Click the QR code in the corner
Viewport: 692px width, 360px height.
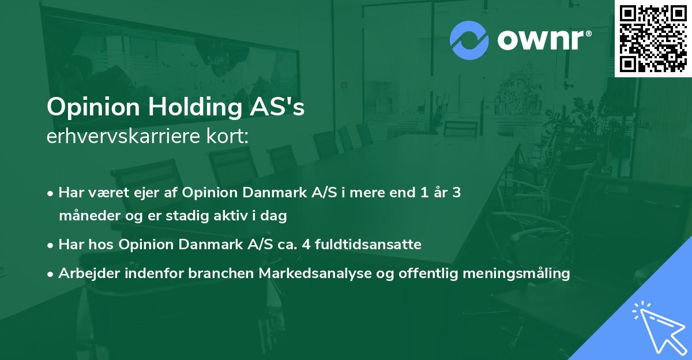pos(653,39)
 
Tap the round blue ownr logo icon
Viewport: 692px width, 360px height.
pos(469,40)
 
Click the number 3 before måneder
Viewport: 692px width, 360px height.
pos(456,193)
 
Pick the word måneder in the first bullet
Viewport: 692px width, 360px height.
pos(84,216)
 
